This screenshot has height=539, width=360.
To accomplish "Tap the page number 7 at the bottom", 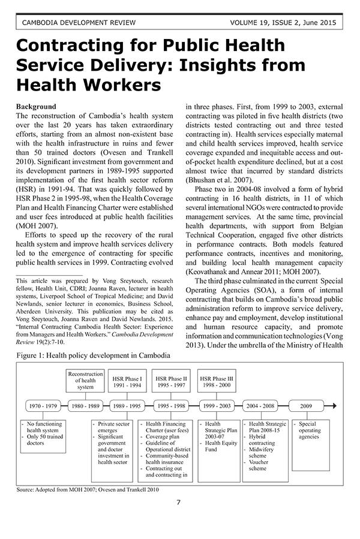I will pos(179,502).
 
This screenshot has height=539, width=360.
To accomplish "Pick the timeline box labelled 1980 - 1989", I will pos(85,406).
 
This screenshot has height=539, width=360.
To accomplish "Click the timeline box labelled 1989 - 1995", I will pos(127,406).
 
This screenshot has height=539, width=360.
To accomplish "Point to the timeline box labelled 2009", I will pos(306,406).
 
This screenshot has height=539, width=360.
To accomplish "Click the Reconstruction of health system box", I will pos(85,380).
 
